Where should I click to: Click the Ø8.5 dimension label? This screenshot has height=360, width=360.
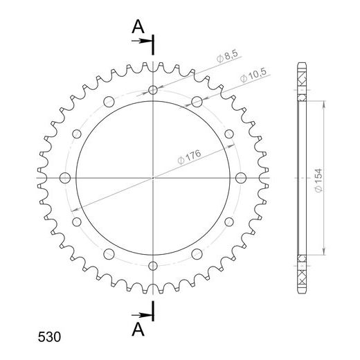pyautogui.click(x=227, y=56)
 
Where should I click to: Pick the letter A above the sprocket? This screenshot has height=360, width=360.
pyautogui.click(x=138, y=26)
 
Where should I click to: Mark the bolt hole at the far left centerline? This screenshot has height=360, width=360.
pyautogui.click(x=64, y=178)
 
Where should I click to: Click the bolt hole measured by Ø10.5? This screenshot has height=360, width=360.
pyautogui.click(x=197, y=102)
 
